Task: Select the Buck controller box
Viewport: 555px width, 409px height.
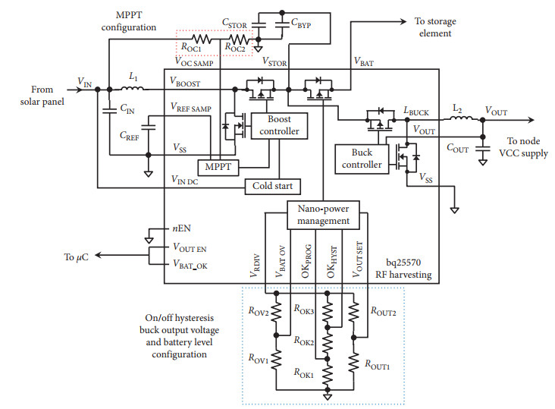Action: point(361,157)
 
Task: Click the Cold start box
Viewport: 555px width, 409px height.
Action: point(273,186)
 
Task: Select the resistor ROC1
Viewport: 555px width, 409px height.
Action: point(202,37)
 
